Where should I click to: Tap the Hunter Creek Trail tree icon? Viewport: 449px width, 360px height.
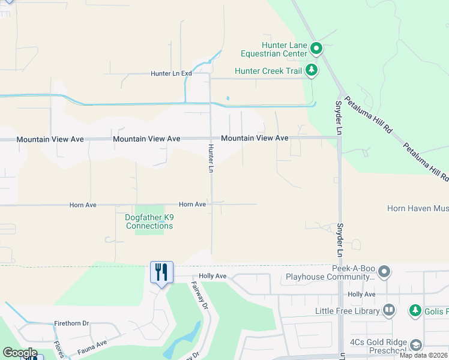(x=311, y=71)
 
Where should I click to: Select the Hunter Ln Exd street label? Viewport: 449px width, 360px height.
(x=171, y=73)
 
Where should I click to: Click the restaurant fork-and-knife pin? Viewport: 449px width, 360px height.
(x=161, y=273)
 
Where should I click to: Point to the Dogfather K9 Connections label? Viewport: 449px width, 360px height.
(x=149, y=221)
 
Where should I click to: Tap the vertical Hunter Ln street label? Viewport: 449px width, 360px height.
(x=211, y=158)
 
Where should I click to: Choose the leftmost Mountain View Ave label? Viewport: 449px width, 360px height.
(x=50, y=139)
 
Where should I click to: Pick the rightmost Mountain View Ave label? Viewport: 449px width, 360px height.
(x=255, y=138)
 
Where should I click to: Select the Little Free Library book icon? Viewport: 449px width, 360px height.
(x=389, y=310)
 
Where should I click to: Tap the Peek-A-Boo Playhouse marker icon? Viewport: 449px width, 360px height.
(x=385, y=272)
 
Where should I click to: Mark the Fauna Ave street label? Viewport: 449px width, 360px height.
(x=91, y=344)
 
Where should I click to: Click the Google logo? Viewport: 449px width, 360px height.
(x=20, y=352)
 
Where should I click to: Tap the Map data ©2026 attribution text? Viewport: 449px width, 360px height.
(x=423, y=355)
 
